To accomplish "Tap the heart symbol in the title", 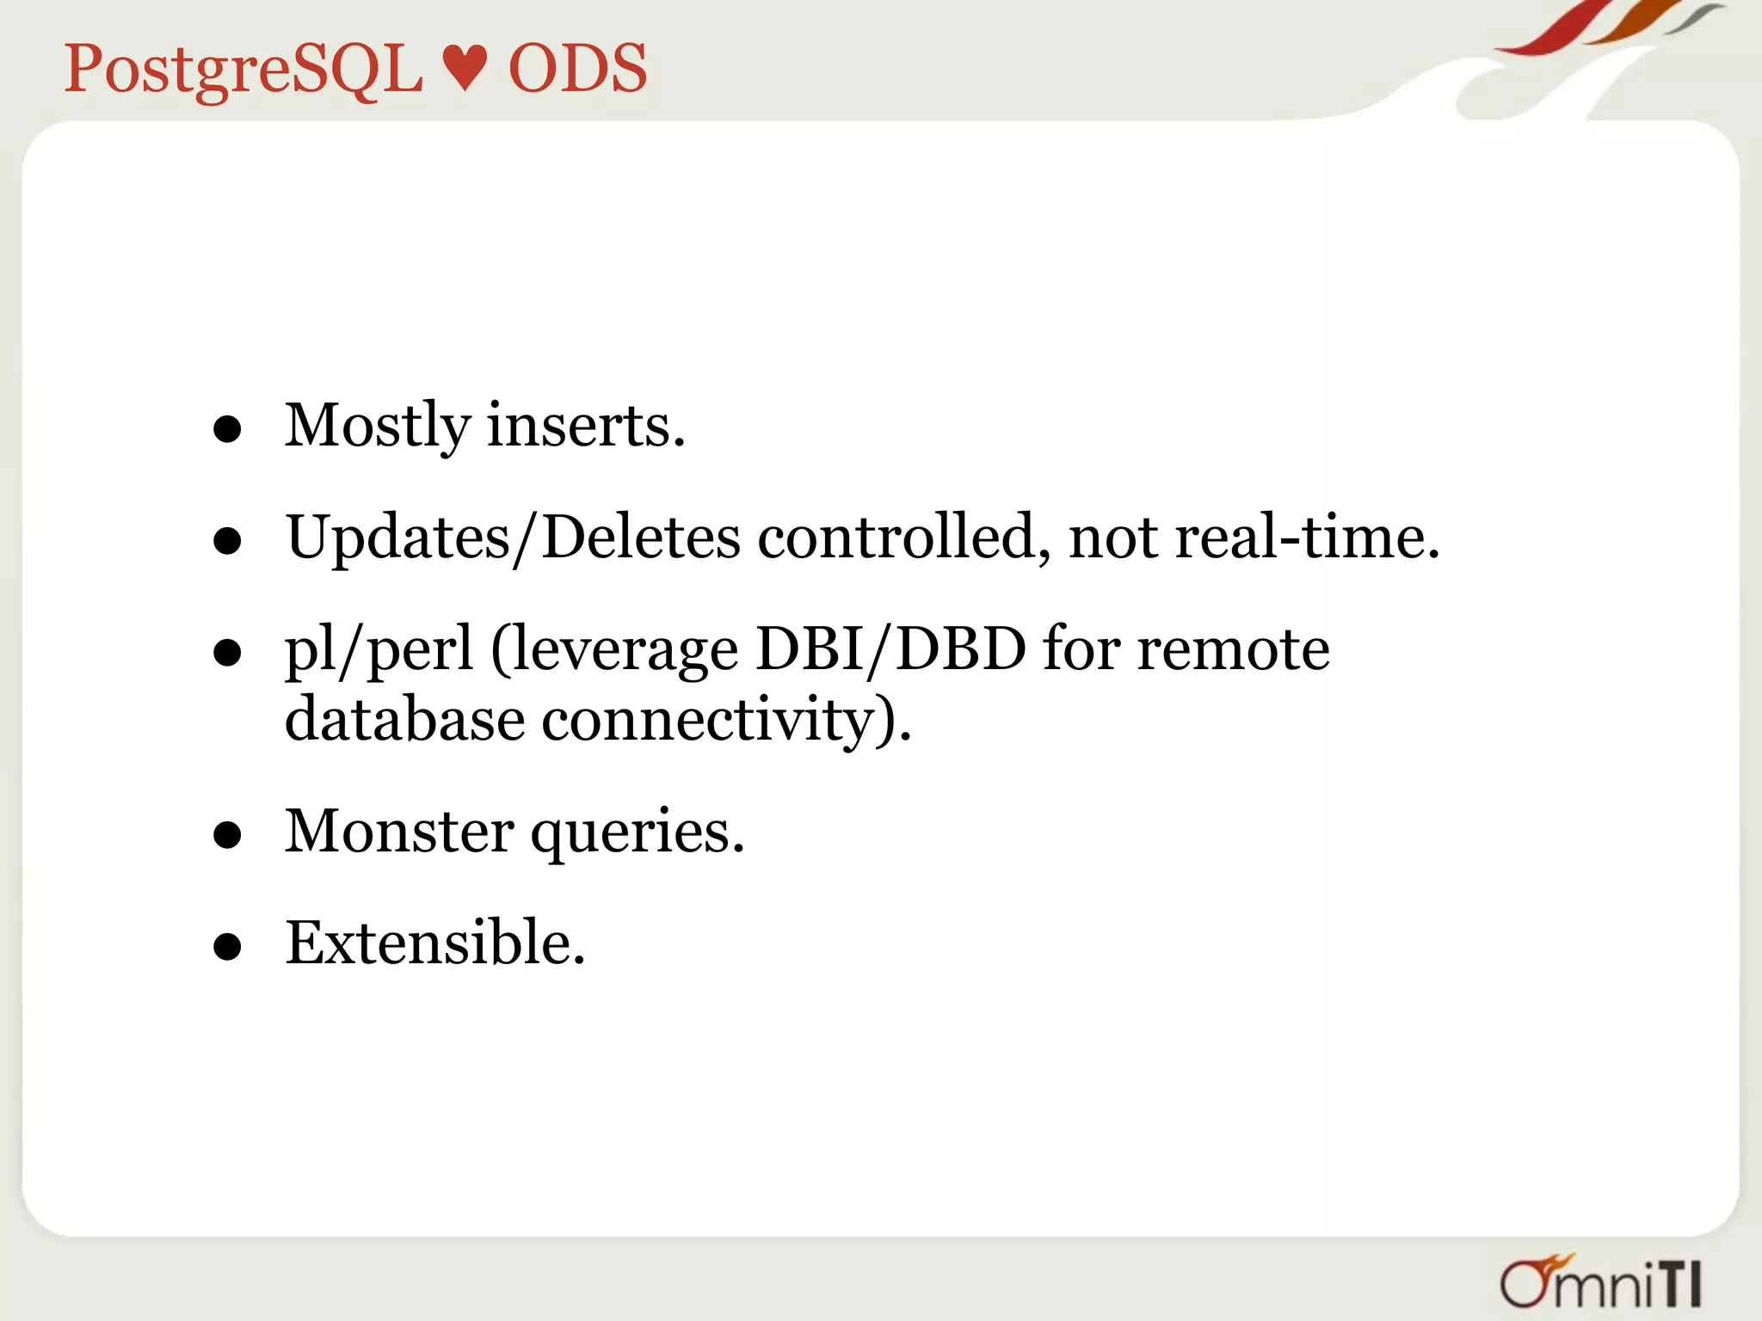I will point(465,69).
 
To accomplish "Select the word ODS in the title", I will point(577,69).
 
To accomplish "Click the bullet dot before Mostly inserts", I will point(227,429).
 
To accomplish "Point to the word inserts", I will point(586,426).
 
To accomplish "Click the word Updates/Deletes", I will point(513,538).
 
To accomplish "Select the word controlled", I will point(903,538).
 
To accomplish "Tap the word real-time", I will point(1307,538).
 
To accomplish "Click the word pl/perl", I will point(379,650).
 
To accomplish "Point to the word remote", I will point(1233,650).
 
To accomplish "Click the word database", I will point(404,720).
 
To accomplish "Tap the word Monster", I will point(399,832).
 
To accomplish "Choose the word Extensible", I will point(434,943).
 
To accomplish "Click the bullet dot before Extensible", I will point(227,948).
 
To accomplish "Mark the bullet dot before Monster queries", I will point(227,835).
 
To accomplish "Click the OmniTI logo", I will point(1600,1283).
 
